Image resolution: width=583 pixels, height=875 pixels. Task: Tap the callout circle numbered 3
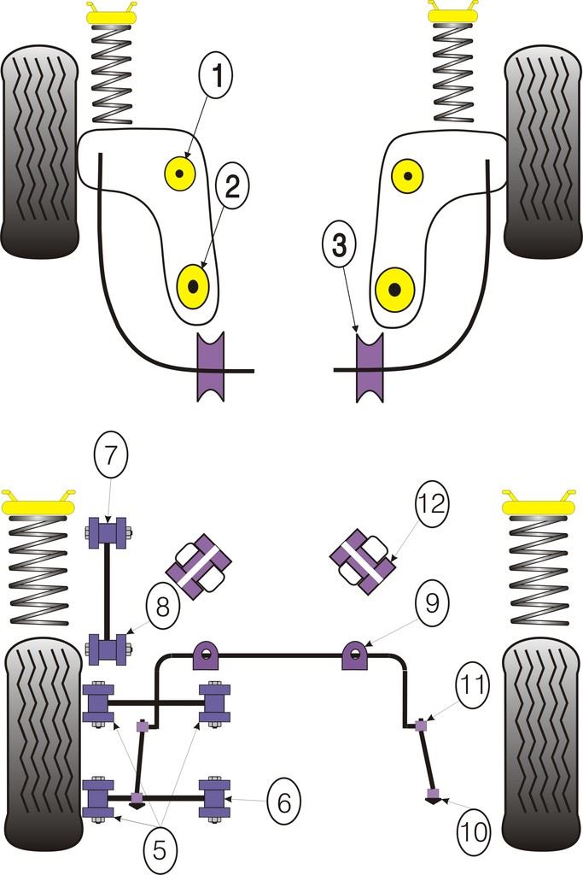[340, 245]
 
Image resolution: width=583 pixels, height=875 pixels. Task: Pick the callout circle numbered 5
[159, 849]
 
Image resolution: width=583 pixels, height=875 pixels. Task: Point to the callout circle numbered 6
[283, 802]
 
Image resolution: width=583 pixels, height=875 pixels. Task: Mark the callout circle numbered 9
[430, 603]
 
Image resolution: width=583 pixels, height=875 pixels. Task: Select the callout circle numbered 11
[473, 684]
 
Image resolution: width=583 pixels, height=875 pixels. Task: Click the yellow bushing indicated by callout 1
[180, 174]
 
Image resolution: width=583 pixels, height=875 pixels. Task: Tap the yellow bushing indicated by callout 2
[192, 285]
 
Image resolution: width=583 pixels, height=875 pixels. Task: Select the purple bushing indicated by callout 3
[370, 367]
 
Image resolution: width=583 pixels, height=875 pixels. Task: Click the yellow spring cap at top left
[111, 15]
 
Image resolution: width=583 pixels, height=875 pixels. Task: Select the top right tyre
[542, 151]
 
